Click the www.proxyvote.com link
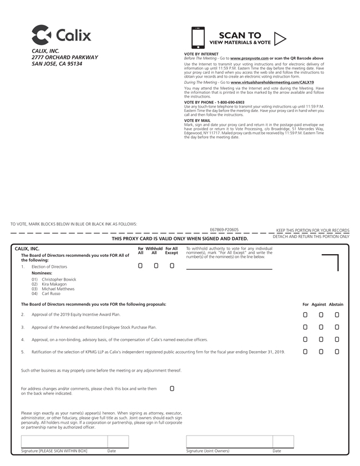click(x=249, y=58)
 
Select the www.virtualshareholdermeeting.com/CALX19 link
click(x=272, y=82)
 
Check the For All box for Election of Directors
click(x=140, y=266)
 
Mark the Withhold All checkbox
click(x=156, y=266)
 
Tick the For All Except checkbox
click(x=172, y=266)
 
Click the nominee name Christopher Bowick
click(x=63, y=280)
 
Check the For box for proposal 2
click(x=305, y=315)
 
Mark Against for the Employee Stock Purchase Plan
click(x=321, y=327)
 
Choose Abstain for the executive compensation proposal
click(x=337, y=340)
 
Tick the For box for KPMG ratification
click(x=305, y=352)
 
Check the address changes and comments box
click(x=172, y=388)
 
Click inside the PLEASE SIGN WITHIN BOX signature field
click(x=62, y=442)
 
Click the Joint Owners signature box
click(x=229, y=442)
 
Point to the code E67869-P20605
click(x=224, y=229)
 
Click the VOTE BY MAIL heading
click(x=197, y=120)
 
